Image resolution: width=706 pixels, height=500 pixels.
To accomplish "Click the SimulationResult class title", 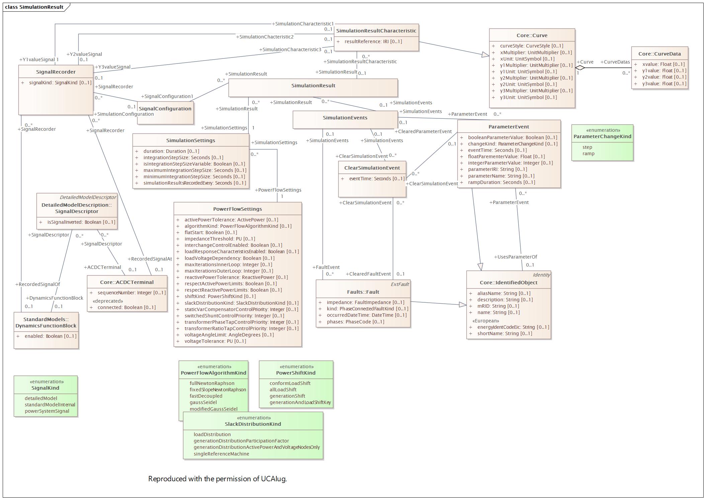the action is point(313,86).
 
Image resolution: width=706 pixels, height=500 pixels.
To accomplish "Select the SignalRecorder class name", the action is point(56,72).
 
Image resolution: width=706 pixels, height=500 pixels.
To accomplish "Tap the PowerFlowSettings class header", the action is point(238,209).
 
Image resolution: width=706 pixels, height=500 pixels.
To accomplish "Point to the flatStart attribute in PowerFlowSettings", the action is point(211,232).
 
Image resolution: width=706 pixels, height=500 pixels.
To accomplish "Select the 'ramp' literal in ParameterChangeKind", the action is point(588,154).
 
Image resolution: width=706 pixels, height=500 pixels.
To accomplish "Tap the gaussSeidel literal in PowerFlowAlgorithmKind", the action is point(203,402).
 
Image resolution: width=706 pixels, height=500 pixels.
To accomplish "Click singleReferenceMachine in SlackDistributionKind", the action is point(221,454).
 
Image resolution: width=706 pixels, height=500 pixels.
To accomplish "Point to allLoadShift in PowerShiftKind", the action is point(283,390).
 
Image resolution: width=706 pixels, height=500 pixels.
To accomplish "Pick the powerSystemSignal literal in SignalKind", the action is point(47,411).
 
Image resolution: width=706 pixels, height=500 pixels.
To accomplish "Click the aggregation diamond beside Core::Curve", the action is point(580,68).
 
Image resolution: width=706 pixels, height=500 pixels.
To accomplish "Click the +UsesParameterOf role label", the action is point(516,257).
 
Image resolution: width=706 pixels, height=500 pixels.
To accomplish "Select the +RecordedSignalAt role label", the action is point(150,259).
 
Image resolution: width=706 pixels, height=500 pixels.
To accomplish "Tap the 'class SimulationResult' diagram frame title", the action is point(34,7).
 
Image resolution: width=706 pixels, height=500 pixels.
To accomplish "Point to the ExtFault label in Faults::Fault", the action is point(400,284).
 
